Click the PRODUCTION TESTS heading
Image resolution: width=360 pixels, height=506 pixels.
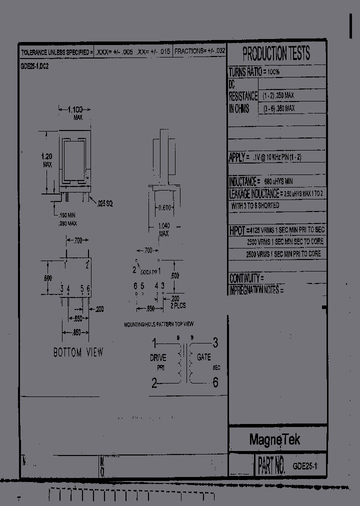click(276, 53)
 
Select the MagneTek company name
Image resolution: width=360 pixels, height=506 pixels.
click(274, 440)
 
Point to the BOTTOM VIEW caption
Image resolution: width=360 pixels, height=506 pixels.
click(78, 352)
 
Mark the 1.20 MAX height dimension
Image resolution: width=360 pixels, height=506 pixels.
click(46, 160)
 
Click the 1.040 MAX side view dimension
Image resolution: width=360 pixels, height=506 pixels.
click(163, 229)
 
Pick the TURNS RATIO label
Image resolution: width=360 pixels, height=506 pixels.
click(244, 72)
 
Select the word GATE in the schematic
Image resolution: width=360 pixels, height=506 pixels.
click(203, 357)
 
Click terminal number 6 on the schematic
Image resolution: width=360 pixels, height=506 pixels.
click(215, 383)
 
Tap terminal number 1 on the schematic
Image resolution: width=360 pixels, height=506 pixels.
click(154, 343)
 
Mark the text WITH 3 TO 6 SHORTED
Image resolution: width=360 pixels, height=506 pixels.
click(255, 205)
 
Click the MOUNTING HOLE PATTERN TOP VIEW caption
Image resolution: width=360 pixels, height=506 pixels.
click(158, 324)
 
